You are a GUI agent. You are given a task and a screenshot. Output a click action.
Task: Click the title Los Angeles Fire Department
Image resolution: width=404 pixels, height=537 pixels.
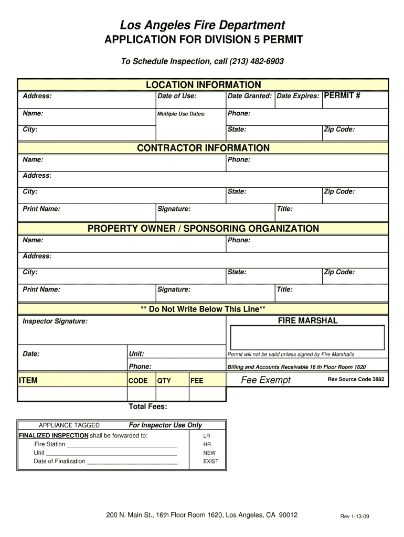[x=203, y=25]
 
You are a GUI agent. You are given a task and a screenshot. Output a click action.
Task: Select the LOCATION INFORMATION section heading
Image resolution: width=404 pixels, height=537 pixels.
[x=203, y=85]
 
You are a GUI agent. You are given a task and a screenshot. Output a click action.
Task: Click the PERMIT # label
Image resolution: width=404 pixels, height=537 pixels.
[x=342, y=96]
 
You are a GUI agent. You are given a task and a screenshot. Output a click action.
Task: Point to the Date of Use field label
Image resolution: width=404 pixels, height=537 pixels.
[x=177, y=96]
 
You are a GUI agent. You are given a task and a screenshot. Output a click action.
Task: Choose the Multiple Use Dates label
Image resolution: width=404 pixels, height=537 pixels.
[x=182, y=114]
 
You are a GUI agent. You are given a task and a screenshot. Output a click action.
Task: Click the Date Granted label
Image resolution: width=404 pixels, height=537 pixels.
[x=249, y=96]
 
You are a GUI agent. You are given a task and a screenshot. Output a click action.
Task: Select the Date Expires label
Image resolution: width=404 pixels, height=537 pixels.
[x=297, y=96]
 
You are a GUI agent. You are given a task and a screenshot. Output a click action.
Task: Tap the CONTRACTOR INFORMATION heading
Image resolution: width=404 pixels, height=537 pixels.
[x=203, y=148]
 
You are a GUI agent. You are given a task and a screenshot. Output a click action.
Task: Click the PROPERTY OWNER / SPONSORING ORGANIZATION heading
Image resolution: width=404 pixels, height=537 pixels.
[x=203, y=229]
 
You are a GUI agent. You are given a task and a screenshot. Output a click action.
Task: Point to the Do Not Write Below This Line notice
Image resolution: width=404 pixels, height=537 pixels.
[x=203, y=309]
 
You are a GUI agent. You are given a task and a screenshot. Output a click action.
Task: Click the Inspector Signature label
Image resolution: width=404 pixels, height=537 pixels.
[x=55, y=321]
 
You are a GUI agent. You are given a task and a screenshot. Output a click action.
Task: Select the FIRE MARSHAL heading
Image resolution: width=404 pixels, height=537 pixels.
[x=307, y=320]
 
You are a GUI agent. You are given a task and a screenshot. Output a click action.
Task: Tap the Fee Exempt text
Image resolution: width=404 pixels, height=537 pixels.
[x=265, y=380]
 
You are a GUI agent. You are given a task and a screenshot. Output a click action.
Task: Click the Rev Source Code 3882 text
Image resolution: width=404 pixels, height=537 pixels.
[x=356, y=379]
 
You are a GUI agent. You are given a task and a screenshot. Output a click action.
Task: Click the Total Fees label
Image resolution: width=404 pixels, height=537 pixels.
[x=148, y=407]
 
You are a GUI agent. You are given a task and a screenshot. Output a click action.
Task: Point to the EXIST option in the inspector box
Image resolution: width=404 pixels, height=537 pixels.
[x=211, y=461]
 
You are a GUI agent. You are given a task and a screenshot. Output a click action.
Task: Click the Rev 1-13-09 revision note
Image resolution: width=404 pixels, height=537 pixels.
[x=355, y=517]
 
